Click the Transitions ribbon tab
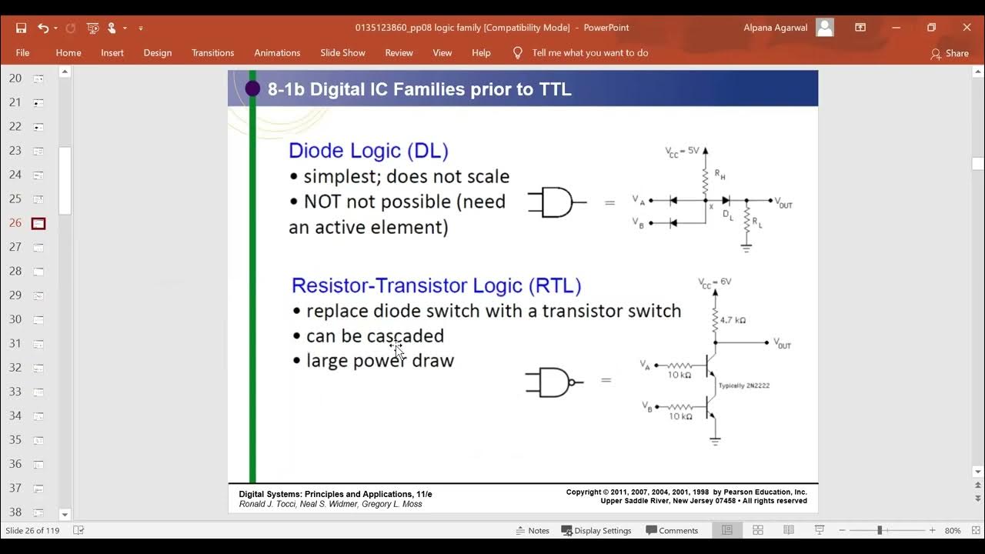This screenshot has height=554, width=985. (212, 53)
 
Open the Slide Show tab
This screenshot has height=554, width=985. (342, 53)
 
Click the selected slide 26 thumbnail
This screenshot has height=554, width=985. (38, 223)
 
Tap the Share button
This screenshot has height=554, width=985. (950, 53)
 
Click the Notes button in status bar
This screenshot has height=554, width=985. (533, 530)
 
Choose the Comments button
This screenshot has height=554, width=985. (672, 530)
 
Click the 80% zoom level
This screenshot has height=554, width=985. (953, 530)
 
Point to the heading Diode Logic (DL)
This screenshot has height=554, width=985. (368, 150)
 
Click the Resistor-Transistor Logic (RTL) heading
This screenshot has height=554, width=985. (436, 285)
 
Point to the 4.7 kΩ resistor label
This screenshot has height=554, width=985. (732, 319)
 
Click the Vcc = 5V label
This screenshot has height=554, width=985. (682, 152)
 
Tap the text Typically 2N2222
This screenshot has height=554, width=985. (743, 385)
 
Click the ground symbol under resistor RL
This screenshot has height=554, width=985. (746, 248)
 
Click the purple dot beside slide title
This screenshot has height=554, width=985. (252, 88)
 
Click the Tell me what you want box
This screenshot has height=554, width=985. (589, 53)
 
